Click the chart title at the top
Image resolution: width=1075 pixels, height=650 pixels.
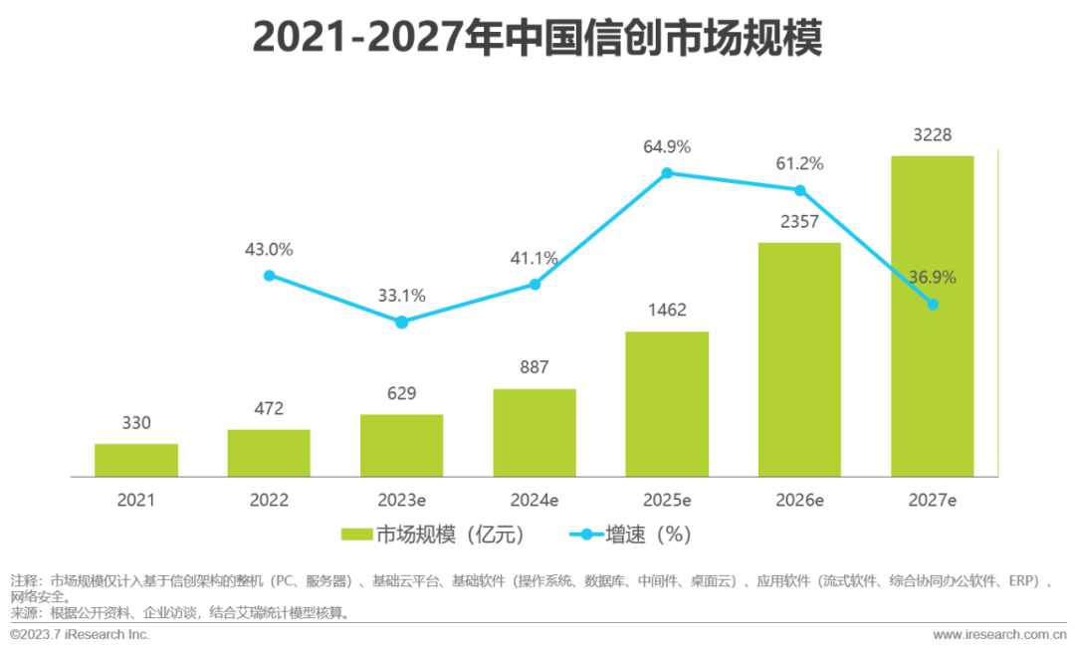tap(537, 38)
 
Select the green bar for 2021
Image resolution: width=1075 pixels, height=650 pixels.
tap(136, 460)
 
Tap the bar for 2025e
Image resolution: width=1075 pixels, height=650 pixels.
tap(667, 403)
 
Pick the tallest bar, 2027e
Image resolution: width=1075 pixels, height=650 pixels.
tap(933, 317)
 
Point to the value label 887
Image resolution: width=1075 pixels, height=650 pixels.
tap(535, 367)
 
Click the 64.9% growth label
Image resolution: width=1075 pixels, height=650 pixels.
tap(667, 147)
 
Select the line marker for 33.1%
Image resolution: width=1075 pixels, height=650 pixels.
tap(401, 323)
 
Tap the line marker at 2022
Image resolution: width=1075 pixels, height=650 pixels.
tap(269, 276)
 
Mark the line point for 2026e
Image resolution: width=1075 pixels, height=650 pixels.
tap(799, 190)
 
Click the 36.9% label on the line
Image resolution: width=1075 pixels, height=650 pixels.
tap(933, 278)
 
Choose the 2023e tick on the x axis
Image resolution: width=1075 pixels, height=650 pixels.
tap(401, 500)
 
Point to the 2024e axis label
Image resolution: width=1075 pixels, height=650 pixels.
tap(535, 500)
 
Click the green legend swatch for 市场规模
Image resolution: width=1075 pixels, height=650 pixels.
tap(356, 536)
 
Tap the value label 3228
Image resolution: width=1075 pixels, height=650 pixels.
tap(933, 135)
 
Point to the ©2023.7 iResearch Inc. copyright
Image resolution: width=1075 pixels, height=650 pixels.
tap(80, 634)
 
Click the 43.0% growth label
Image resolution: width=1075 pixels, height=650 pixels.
tap(269, 250)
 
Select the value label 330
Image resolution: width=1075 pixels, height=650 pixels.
tap(136, 423)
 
